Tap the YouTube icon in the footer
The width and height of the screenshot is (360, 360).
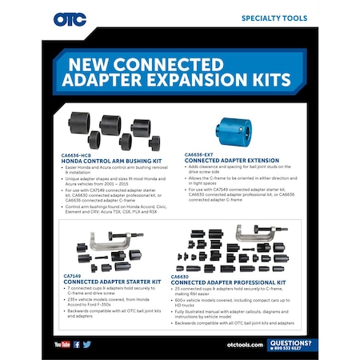(62, 343)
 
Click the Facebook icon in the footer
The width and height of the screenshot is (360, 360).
(77, 343)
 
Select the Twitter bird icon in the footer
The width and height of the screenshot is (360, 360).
(86, 343)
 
